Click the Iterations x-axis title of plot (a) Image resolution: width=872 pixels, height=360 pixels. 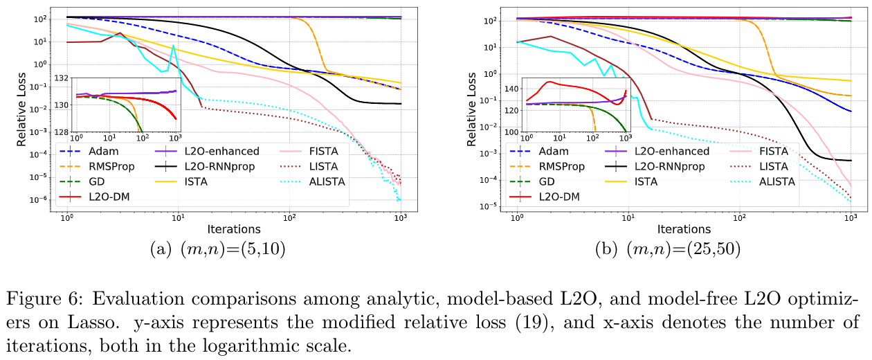(x=233, y=228)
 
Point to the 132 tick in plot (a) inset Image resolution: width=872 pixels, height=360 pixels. (x=62, y=78)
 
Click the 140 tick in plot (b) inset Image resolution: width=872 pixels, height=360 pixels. (x=511, y=89)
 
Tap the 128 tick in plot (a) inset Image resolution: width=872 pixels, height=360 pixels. (x=62, y=132)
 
